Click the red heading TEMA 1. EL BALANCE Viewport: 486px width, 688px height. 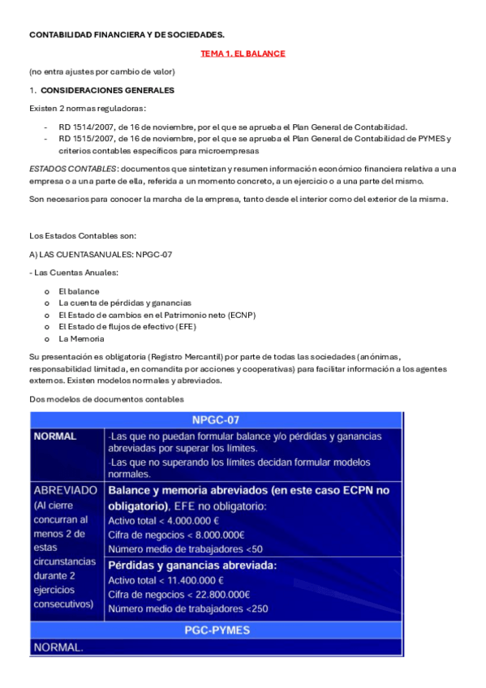(243, 54)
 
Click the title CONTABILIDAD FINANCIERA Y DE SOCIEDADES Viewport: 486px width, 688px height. (127, 35)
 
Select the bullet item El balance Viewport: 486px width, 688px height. (79, 290)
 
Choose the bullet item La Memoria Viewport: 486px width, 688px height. (81, 338)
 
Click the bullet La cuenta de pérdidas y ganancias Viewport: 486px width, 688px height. (124, 303)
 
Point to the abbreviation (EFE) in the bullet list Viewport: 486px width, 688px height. (183, 326)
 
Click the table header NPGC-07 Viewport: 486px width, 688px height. (216, 419)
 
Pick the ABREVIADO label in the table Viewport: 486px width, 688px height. (66, 491)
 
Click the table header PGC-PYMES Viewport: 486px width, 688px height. (216, 630)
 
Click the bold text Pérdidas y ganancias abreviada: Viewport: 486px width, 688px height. (192, 565)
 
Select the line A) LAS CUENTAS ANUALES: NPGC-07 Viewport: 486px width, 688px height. (100, 254)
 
